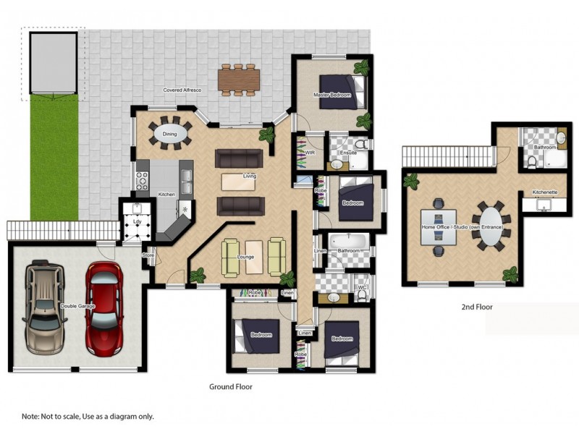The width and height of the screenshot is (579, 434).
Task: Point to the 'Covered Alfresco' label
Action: [x=182, y=89]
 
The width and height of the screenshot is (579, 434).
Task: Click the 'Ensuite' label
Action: [x=348, y=153]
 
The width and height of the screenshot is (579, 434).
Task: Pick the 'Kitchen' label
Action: [x=167, y=194]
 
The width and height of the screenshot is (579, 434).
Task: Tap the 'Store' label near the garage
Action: [x=148, y=255]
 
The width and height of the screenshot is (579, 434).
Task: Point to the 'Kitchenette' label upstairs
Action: [x=544, y=192]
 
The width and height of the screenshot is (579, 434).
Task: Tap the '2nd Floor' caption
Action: [x=477, y=307]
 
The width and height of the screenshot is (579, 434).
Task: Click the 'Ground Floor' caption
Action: [x=231, y=387]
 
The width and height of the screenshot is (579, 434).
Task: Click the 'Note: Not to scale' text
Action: [x=88, y=417]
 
